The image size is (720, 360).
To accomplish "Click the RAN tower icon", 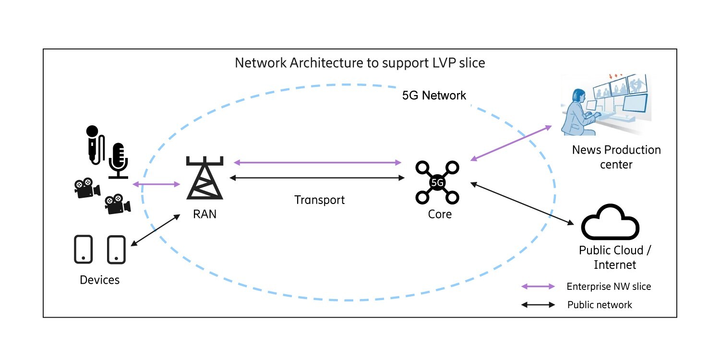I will [204, 179].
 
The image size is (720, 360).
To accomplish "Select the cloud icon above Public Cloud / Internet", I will [610, 223].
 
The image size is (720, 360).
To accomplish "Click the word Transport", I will [320, 200].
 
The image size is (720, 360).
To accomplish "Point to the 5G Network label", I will [434, 96].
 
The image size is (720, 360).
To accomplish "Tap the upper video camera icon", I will [86, 188].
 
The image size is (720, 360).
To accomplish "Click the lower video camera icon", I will [117, 204].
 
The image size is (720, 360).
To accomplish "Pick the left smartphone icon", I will [84, 249].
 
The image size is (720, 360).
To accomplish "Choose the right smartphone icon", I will [116, 249].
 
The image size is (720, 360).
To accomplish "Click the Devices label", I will [100, 280].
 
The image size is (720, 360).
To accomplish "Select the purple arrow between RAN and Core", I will [317, 163].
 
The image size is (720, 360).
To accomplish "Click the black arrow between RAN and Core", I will [317, 178].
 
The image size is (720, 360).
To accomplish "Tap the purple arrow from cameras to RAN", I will [156, 184].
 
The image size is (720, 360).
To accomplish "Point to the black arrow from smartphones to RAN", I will [155, 231].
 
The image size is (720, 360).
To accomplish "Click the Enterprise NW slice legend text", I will [609, 287].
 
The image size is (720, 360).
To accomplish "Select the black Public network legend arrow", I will [538, 305].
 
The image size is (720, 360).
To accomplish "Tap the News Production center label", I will [616, 157].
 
